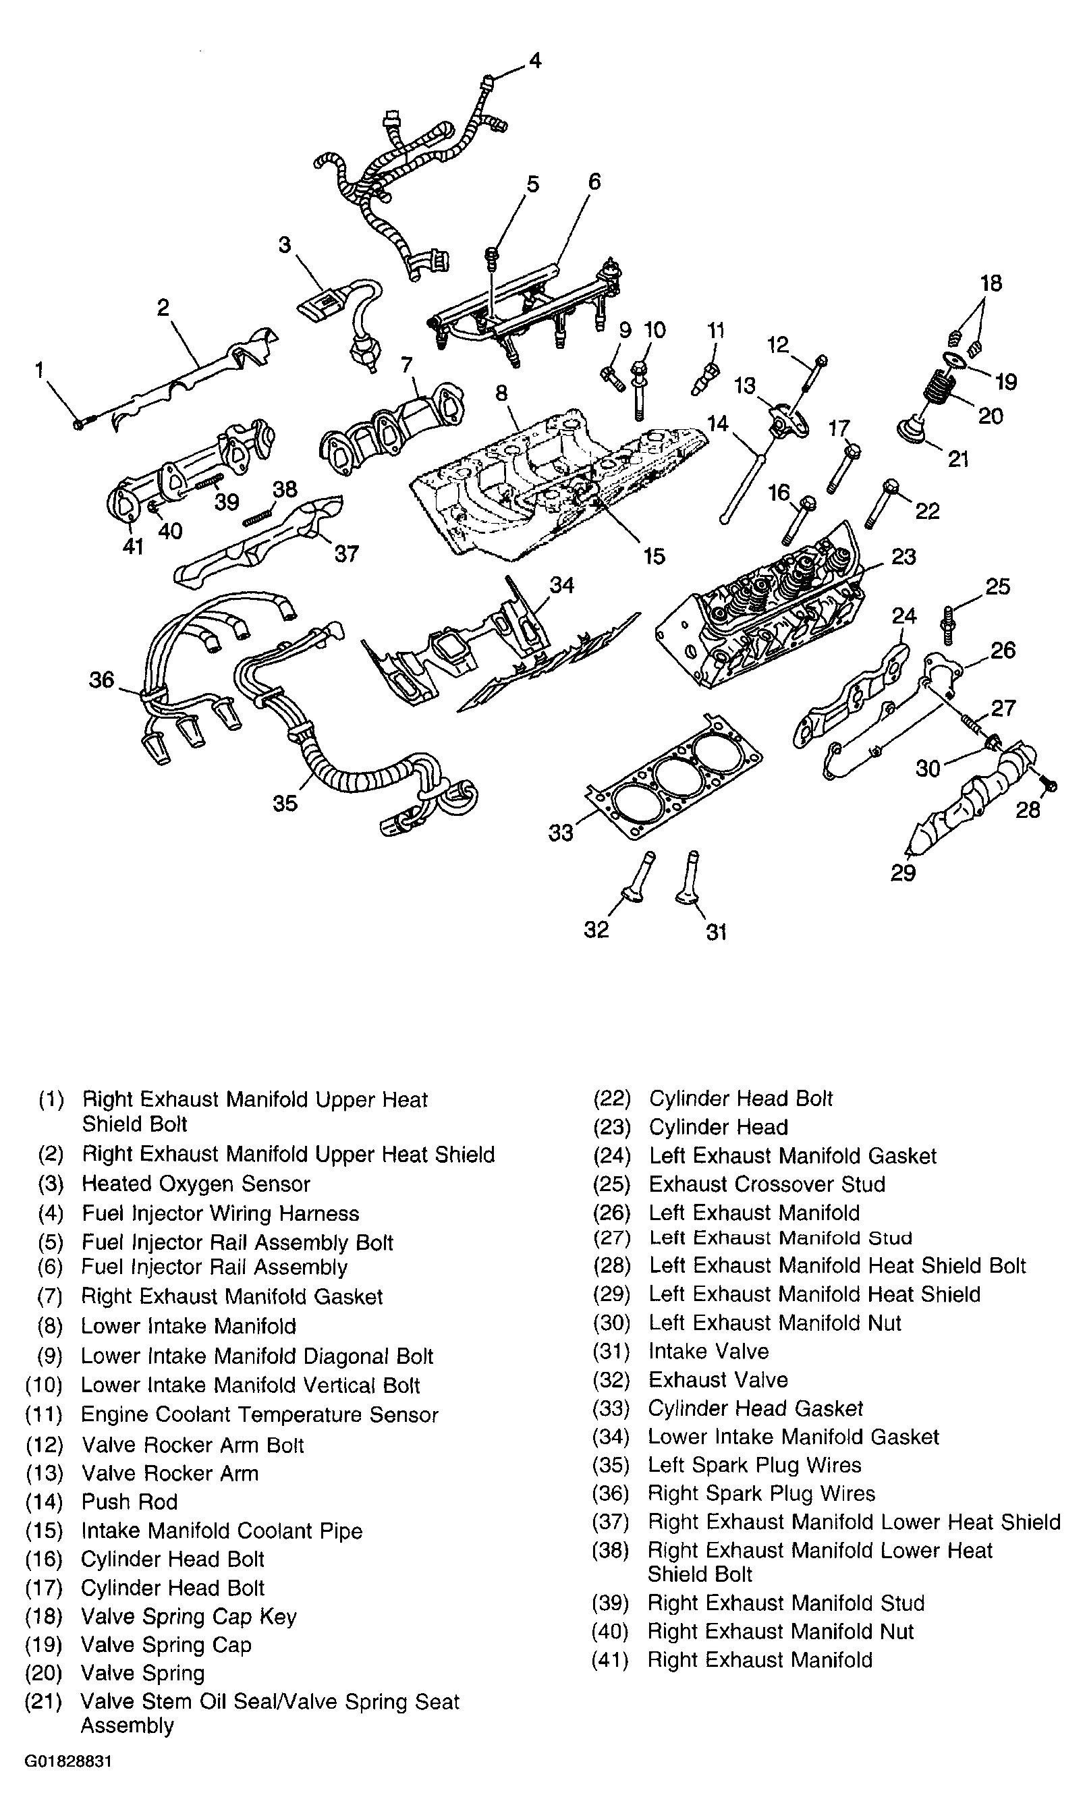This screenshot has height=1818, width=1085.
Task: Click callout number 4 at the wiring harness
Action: [x=535, y=60]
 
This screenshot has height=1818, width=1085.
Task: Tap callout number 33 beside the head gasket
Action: [x=561, y=833]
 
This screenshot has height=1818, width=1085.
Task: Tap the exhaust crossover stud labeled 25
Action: [x=948, y=624]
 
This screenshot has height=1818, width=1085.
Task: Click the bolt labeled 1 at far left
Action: [x=81, y=422]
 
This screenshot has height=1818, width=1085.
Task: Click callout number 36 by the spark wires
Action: [x=102, y=680]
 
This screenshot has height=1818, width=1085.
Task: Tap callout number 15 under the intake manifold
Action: [x=654, y=556]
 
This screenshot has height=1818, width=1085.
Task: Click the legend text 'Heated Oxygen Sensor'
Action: [x=196, y=1184]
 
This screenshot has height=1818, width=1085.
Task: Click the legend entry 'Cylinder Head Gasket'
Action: [x=755, y=1408]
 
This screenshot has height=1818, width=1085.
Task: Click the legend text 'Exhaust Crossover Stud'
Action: [x=767, y=1184]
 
